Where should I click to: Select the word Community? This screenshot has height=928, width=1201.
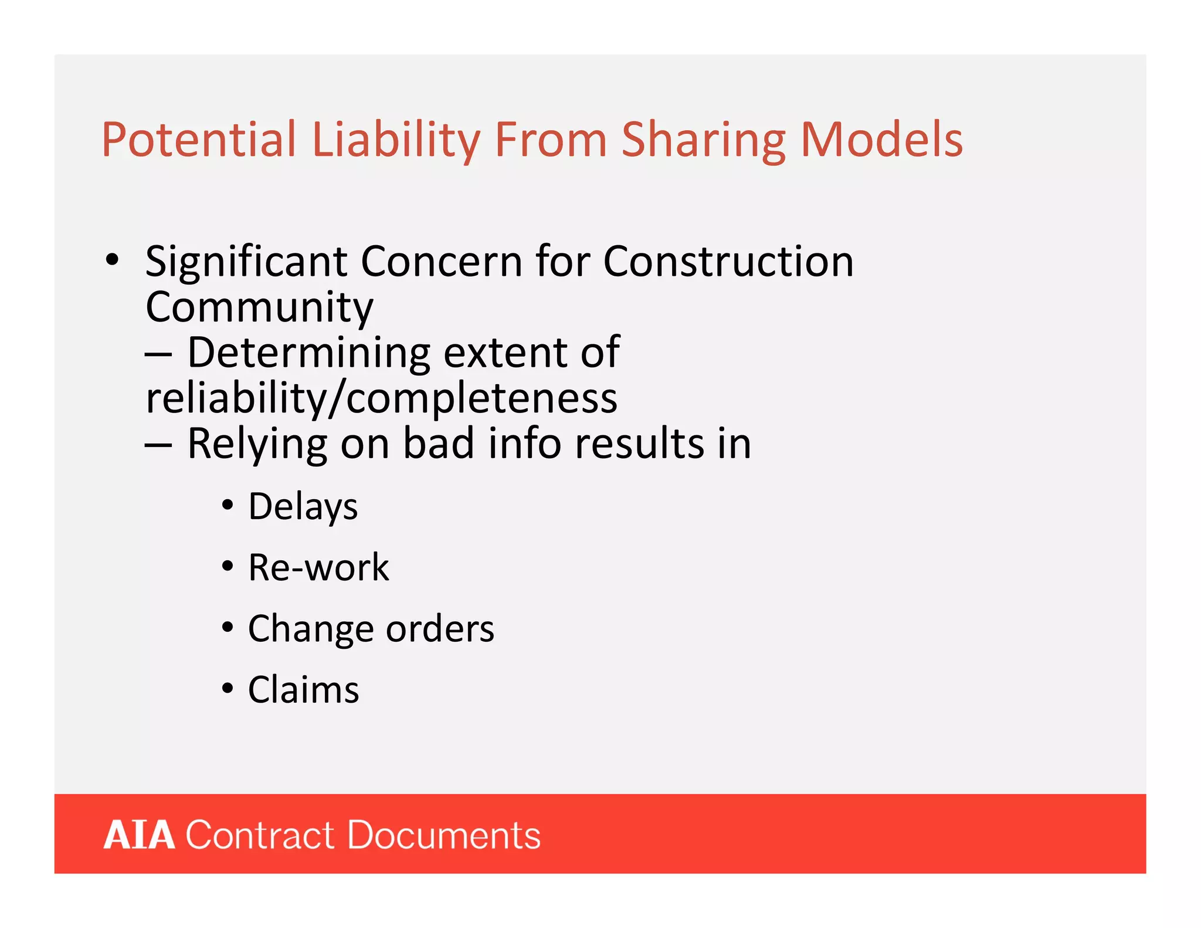tap(259, 307)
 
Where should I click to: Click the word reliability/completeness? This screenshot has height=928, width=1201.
tap(381, 398)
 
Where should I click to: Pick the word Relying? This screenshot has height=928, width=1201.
tap(257, 443)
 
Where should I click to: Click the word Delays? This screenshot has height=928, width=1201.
tap(303, 506)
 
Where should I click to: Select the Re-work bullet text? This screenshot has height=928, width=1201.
tap(318, 567)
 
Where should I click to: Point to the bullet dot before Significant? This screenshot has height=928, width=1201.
tap(112, 260)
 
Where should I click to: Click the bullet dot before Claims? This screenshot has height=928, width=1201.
tap(228, 688)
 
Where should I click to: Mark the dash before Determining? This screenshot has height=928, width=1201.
tap(158, 354)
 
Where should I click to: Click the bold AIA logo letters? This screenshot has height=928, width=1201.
tap(140, 835)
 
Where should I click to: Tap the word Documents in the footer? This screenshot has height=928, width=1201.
tap(444, 835)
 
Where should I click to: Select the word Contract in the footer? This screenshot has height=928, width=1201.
tap(260, 835)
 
